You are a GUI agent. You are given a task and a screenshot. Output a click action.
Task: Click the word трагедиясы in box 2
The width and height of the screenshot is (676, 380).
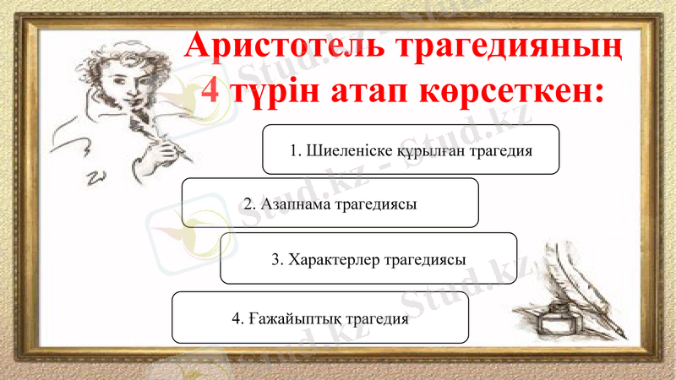[x=375, y=204]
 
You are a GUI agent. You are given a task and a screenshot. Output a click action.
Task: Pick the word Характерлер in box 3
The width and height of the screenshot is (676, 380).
[x=334, y=259]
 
